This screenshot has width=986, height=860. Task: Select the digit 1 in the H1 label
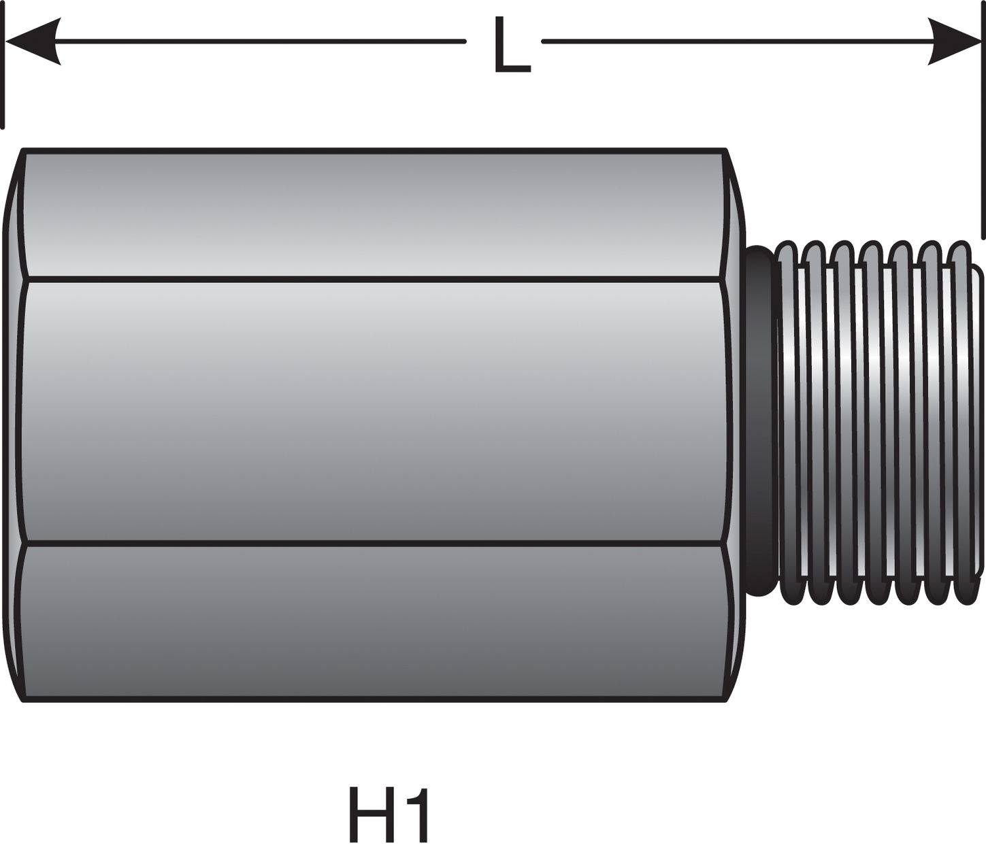pyautogui.click(x=418, y=814)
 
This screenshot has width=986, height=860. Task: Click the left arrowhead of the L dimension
pyautogui.click(x=34, y=42)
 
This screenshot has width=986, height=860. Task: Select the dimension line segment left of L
pyautogui.click(x=259, y=42)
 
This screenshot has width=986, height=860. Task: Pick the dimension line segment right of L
pyautogui.click(x=735, y=42)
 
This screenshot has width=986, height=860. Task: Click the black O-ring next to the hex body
pyautogui.click(x=759, y=422)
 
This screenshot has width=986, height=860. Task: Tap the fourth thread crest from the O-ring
pyautogui.click(x=874, y=422)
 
